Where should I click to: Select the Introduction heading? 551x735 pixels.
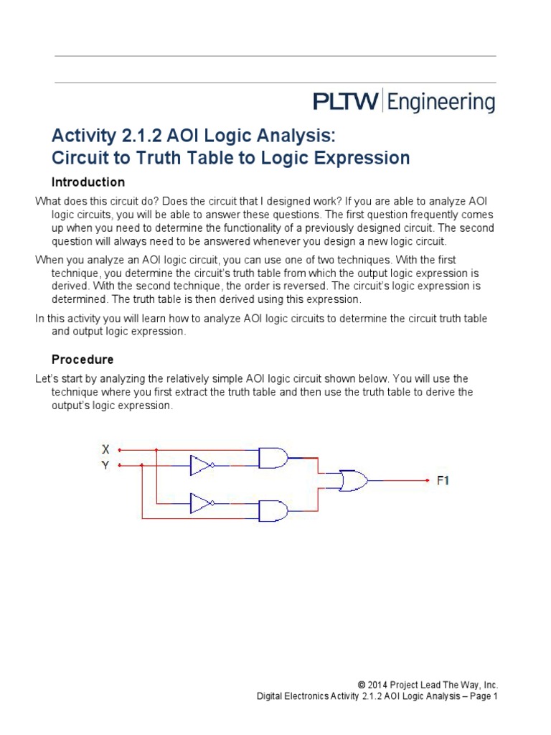[88, 182]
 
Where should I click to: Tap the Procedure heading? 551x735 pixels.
[83, 359]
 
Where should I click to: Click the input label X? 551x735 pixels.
[105, 450]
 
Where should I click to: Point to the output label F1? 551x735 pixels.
[443, 480]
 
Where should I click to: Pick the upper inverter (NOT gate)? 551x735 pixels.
[201, 465]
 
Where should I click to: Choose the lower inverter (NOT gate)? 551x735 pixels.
[201, 503]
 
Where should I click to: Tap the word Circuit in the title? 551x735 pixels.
[80, 158]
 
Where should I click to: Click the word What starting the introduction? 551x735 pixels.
[49, 202]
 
